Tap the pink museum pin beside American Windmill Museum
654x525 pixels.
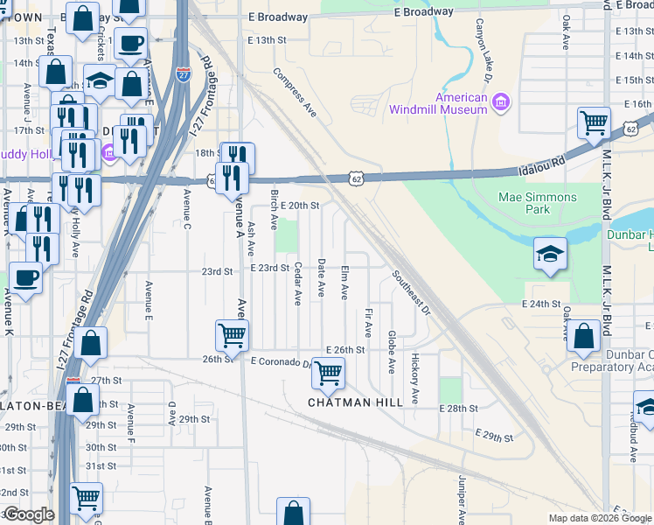[x=501, y=104]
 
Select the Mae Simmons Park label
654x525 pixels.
[x=537, y=203]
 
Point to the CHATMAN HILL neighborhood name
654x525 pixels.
[x=355, y=402]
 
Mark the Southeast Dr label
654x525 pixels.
[x=411, y=292]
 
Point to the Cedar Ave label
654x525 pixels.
[x=297, y=283]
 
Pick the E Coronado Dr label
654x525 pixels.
[x=282, y=361]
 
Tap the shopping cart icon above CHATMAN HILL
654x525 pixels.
[x=328, y=373]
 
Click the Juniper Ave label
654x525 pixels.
[x=460, y=499]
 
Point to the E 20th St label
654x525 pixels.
[x=301, y=205]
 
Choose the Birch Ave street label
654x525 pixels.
[x=275, y=207]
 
